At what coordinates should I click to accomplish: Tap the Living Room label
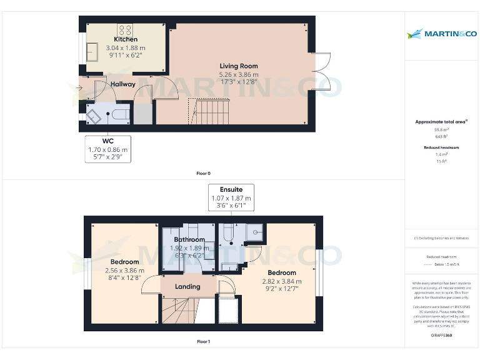pos(238,66)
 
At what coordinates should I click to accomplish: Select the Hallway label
pos(123,84)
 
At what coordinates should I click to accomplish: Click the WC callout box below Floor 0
pos(107,149)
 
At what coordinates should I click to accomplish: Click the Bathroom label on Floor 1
pos(189,239)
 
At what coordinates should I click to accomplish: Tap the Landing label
pos(187,286)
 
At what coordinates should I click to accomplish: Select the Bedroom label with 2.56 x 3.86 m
pos(125,261)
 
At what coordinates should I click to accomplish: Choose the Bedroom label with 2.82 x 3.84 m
pos(282,273)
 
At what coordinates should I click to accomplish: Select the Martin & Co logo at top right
pos(441,33)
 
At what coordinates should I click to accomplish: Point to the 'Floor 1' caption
pos(203,342)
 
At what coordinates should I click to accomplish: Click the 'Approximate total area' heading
pos(441,122)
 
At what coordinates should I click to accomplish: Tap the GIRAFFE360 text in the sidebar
pos(441,336)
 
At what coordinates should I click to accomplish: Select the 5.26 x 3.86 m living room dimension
pos(238,74)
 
